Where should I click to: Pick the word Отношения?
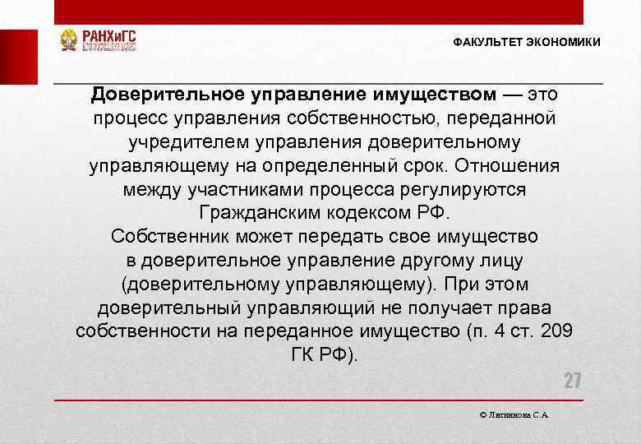pos(520,166)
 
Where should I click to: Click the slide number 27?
pos(572,381)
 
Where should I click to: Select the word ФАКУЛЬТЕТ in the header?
pos(488,42)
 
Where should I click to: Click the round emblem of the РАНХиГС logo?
pos(69,40)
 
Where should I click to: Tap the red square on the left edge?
pos(18,57)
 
